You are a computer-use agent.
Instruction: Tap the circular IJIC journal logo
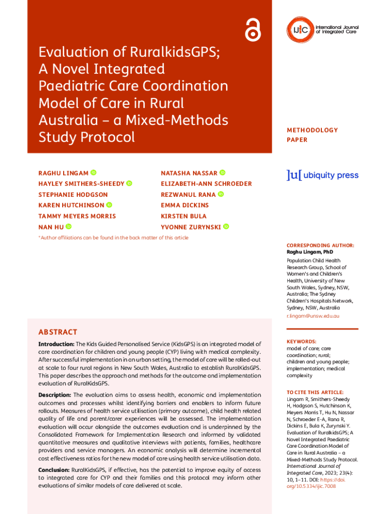pyautogui.click(x=300, y=30)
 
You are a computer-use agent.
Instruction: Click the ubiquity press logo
pyautogui.click(x=322, y=175)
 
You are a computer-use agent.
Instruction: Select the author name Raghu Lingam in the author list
pyautogui.click(x=63, y=173)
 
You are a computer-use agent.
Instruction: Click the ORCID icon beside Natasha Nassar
pyautogui.click(x=223, y=173)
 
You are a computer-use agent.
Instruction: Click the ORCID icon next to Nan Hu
pyautogui.click(x=69, y=227)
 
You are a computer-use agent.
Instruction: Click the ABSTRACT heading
pyautogui.click(x=58, y=332)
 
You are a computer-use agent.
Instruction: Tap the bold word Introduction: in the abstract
pyautogui.click(x=56, y=344)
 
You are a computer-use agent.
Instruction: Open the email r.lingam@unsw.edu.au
pyautogui.click(x=313, y=316)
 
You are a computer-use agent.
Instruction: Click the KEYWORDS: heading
pyautogui.click(x=301, y=341)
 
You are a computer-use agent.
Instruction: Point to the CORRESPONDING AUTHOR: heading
pyautogui.click(x=320, y=245)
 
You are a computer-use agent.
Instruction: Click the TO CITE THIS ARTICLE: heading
pyautogui.click(x=315, y=392)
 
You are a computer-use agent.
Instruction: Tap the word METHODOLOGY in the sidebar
pyautogui.click(x=312, y=130)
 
